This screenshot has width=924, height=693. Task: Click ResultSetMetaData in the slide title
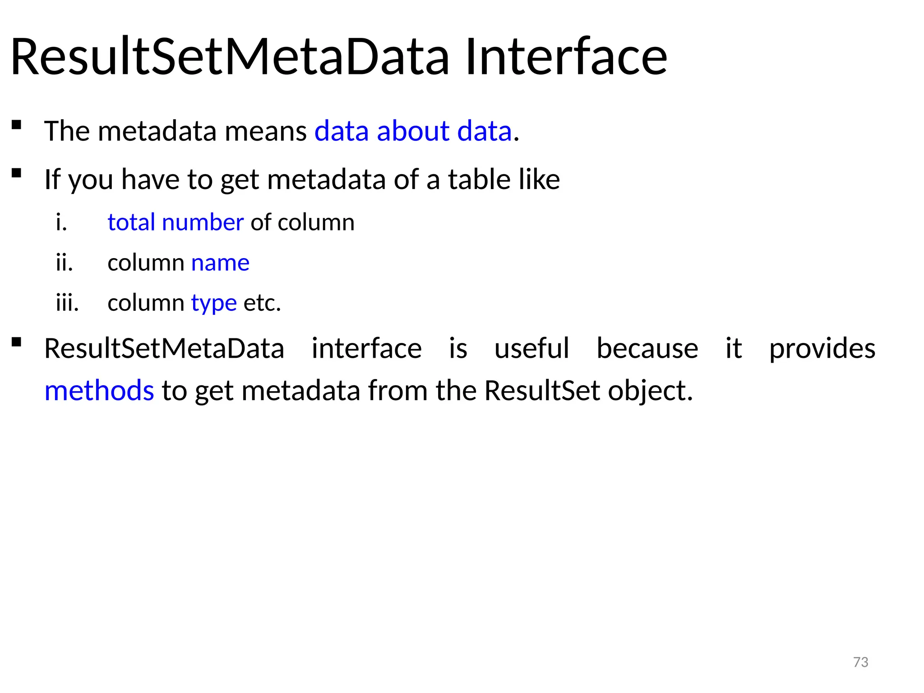coord(230,57)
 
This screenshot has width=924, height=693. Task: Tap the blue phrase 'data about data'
coord(413,131)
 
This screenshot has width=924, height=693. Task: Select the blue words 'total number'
coord(176,222)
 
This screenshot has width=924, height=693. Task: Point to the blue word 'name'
coord(220,263)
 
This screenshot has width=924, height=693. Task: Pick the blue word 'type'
coord(214,303)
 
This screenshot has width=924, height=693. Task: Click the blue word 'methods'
coord(99,390)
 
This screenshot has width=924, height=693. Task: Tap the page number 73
coord(860,662)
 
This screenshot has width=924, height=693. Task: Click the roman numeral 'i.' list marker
coord(62,222)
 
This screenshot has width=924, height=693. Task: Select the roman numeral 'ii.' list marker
coord(65,263)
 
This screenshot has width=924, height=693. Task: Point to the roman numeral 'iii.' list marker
coord(67,303)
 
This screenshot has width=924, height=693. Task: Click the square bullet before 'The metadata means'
coord(17,125)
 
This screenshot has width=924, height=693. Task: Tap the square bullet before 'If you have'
coord(17,173)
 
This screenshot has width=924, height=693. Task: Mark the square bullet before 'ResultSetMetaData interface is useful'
coord(17,342)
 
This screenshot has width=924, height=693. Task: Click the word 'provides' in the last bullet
coord(822,349)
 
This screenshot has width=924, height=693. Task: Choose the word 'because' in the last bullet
coord(647,349)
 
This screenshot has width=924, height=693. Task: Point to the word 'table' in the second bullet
coord(480,180)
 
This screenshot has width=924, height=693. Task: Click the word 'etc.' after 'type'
coord(262,303)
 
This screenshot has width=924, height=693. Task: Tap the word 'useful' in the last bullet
coord(532,349)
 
